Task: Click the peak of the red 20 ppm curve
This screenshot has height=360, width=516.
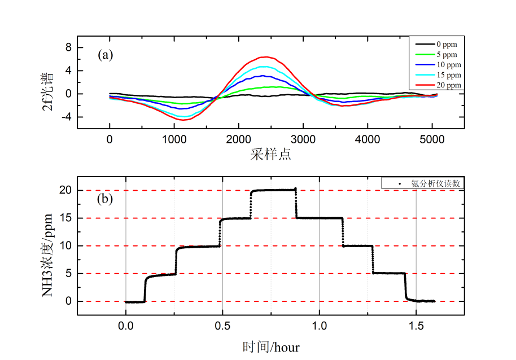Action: (264, 57)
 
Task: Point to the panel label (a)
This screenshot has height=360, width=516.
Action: (106, 55)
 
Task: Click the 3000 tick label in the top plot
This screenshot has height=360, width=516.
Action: (303, 139)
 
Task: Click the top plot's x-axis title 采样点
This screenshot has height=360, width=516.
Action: (270, 154)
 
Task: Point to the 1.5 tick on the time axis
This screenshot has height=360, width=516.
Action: (416, 326)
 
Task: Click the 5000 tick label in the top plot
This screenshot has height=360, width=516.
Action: (432, 139)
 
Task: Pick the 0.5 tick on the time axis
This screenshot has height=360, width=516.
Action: (222, 326)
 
